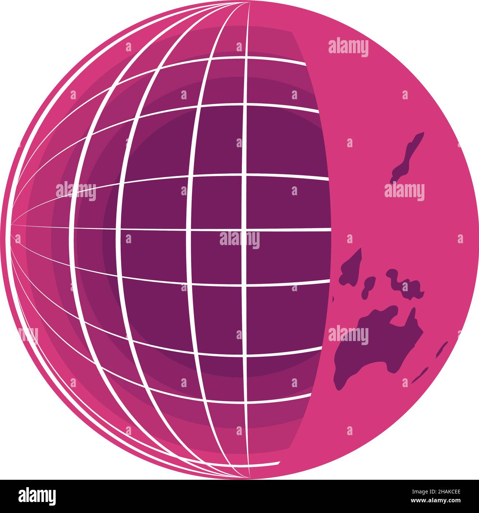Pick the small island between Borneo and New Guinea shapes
click(x=368, y=286)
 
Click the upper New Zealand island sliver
click(x=441, y=349)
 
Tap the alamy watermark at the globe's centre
click(x=240, y=240)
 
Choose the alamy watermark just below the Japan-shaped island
click(x=405, y=192)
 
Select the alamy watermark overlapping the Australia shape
click(x=348, y=335)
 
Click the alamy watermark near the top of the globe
click(x=348, y=48)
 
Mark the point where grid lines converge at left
click(x=11, y=224)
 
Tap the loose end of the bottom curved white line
click(x=278, y=463)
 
